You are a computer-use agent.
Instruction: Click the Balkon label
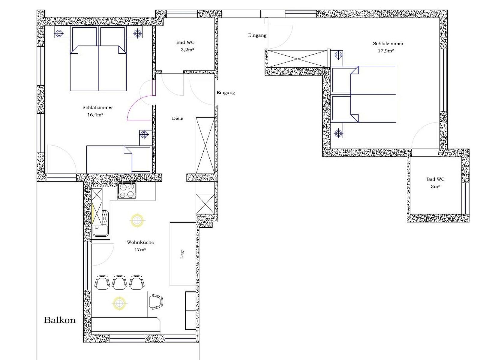[60, 320]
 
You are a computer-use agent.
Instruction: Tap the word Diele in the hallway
[177, 118]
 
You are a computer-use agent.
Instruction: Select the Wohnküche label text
[140, 242]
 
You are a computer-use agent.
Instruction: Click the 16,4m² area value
[95, 115]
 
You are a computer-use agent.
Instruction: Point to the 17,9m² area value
[386, 51]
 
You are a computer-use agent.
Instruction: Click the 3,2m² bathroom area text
[187, 49]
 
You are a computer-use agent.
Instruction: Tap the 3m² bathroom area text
[435, 187]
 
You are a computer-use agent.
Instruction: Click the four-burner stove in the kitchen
[127, 191]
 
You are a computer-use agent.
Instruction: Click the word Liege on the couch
[182, 254]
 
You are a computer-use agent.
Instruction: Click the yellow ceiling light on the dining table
[119, 303]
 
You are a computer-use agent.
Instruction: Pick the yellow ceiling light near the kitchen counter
[137, 220]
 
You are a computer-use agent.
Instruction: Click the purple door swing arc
[135, 103]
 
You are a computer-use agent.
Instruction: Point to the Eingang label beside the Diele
[226, 93]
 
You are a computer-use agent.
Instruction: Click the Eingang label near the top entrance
[257, 35]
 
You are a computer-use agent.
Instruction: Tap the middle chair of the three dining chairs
[119, 282]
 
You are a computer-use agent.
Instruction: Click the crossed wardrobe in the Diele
[205, 145]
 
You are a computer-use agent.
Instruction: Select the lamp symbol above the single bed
[144, 134]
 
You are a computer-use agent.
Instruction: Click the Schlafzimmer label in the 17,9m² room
[388, 43]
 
